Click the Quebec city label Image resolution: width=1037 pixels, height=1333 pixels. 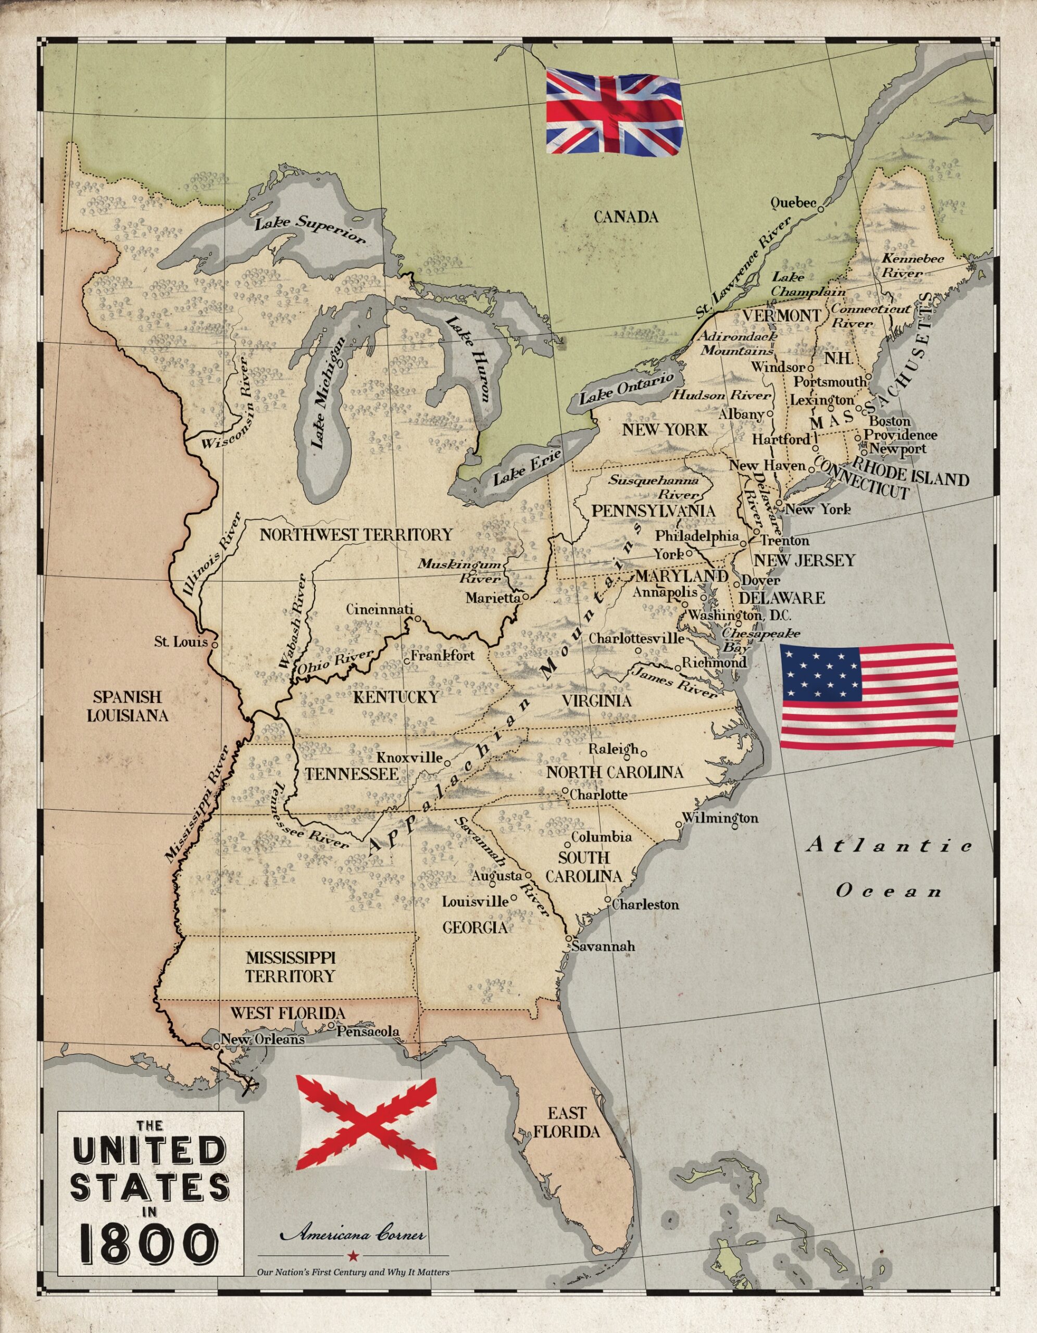coord(793,203)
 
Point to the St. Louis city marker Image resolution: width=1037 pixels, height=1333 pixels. coord(215,643)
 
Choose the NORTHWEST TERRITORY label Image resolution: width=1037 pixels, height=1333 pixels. coord(356,535)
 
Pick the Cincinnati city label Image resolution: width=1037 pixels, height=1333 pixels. coord(380,609)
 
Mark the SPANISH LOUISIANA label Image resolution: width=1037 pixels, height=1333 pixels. coord(127,706)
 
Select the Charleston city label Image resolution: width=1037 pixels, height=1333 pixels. coord(645,904)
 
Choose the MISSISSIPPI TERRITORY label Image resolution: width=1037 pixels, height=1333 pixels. coord(291,967)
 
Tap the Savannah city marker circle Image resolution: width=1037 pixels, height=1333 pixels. coord(568,938)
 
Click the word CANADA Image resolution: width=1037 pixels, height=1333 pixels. coord(626,217)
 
